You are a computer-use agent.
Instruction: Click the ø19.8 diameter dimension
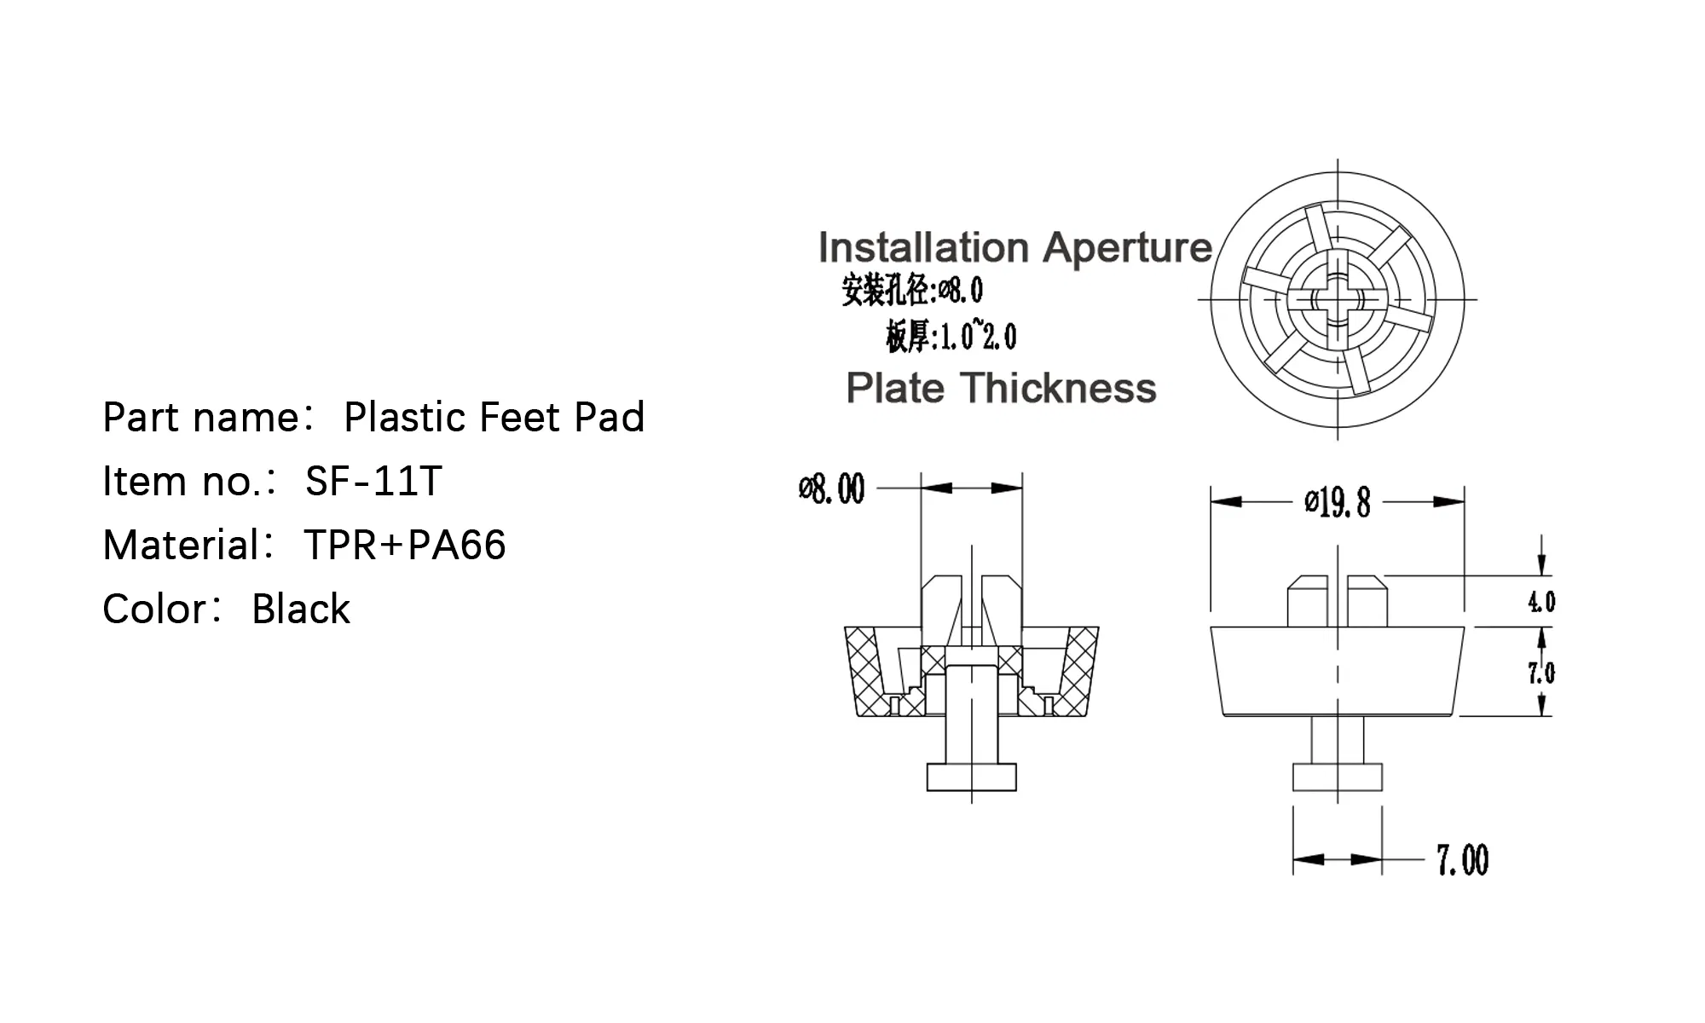[x=1337, y=502]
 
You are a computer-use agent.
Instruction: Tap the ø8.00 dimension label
[x=831, y=489]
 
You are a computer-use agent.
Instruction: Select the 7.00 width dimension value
[x=1462, y=860]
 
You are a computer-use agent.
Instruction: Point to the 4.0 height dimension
[x=1541, y=602]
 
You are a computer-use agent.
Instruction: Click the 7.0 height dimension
[x=1541, y=673]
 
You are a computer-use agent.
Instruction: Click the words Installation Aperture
[x=1014, y=248]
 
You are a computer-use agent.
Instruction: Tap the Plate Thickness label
[x=1001, y=389]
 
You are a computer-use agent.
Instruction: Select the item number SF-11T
[x=373, y=482]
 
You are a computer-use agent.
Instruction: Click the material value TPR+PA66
[x=405, y=546]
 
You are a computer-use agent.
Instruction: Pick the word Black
[x=301, y=610]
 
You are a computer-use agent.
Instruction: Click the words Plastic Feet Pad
[x=494, y=418]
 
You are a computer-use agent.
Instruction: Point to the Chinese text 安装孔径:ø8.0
[x=912, y=290]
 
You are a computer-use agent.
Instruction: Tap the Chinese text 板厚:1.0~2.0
[x=951, y=337]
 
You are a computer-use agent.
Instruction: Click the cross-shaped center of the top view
[x=1337, y=300]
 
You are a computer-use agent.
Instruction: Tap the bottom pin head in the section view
[x=972, y=777]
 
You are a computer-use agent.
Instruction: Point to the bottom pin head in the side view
[x=1337, y=777]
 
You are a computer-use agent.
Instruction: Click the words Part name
[x=201, y=418]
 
